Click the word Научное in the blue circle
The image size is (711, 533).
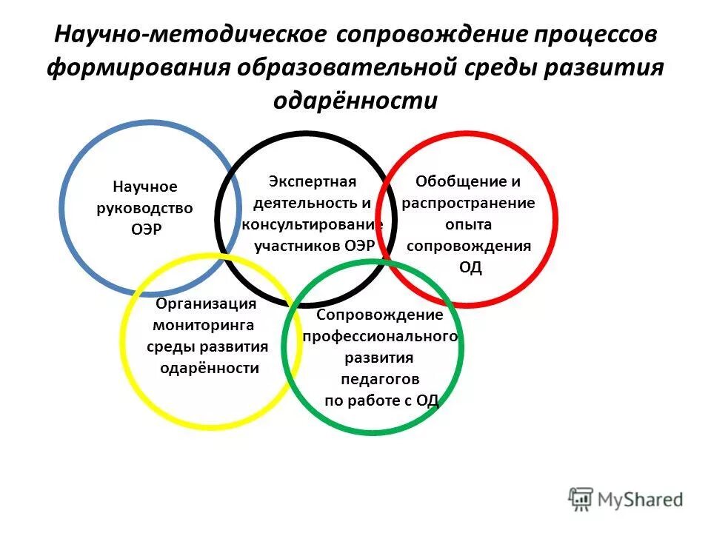[145, 187]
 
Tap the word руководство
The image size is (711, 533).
[145, 208]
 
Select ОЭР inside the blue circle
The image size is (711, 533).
[145, 229]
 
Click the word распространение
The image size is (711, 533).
[468, 203]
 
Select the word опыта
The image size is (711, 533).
[469, 224]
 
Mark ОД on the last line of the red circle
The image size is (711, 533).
[470, 268]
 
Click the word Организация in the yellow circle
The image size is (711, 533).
[206, 304]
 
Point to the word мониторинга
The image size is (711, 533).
[203, 325]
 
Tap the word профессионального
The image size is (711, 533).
[380, 337]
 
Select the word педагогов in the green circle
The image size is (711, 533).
[380, 380]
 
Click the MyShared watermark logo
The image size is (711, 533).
[625, 498]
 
